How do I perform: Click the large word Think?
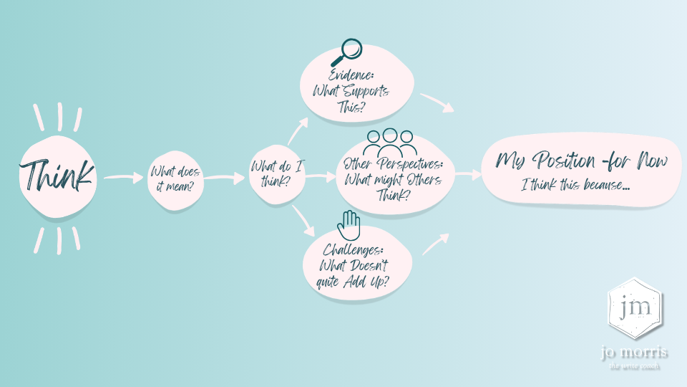(x=57, y=176)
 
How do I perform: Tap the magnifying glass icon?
(x=348, y=52)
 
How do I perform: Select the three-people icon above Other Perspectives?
(x=390, y=143)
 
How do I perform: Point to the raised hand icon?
(x=349, y=226)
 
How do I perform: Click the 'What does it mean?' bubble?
(x=175, y=181)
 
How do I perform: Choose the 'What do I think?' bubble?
(x=276, y=174)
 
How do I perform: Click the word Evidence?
(x=351, y=75)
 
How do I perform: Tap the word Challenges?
(x=353, y=250)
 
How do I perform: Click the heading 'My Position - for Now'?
(x=582, y=161)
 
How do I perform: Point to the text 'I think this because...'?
(x=575, y=185)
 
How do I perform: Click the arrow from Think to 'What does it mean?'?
(x=124, y=177)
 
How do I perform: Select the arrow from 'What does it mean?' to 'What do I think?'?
(x=224, y=178)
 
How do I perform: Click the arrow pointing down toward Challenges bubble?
(x=303, y=221)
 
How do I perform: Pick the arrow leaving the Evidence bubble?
(x=437, y=102)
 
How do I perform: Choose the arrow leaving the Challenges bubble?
(x=436, y=244)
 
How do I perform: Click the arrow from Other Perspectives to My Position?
(x=468, y=174)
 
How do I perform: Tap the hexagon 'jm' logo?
(x=635, y=308)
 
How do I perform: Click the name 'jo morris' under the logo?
(x=634, y=352)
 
